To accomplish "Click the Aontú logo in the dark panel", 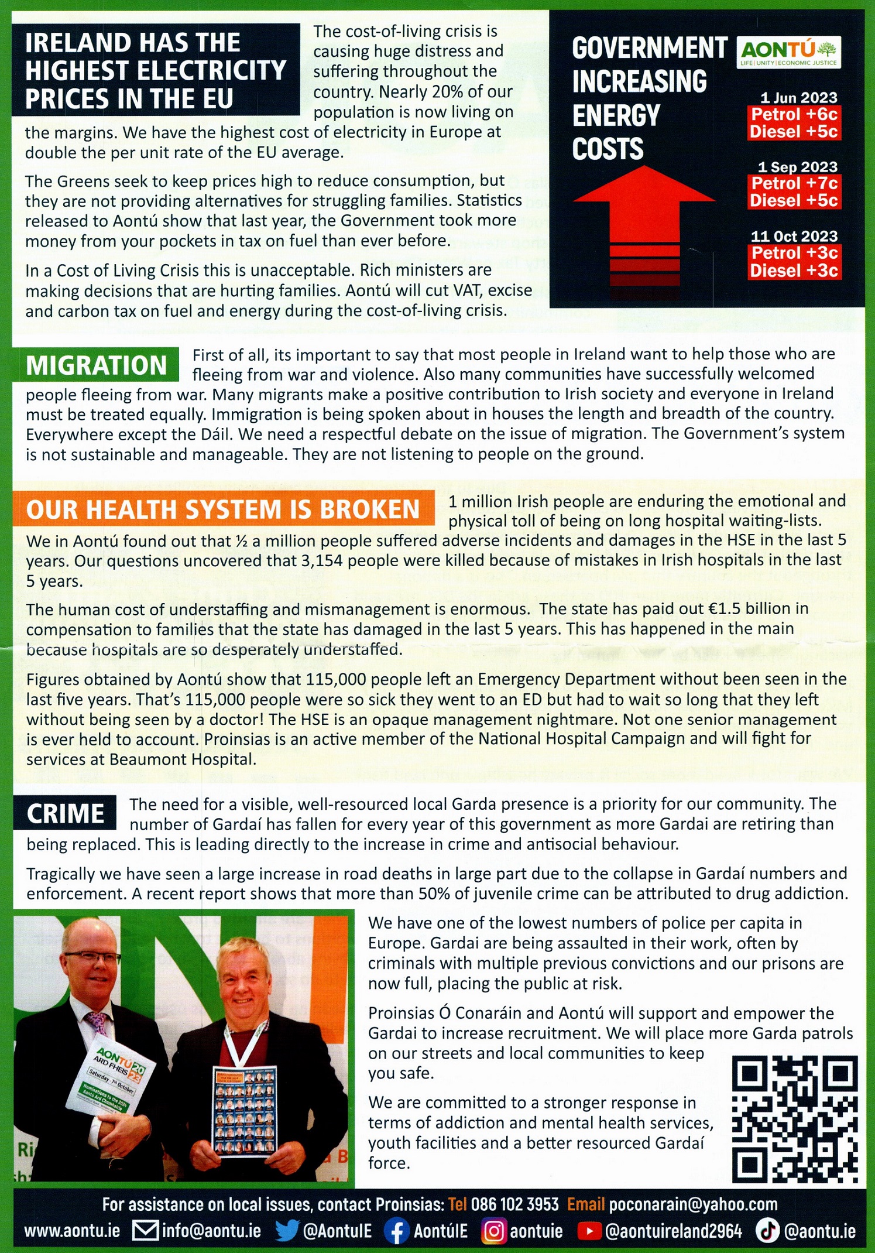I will tap(788, 52).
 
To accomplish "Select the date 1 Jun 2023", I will tap(798, 98).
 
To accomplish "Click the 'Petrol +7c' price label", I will tap(794, 183).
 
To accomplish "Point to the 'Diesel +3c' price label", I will tap(794, 271).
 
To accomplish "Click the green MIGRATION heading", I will tap(97, 365).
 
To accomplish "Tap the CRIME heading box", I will tap(66, 814).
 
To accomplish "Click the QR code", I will tap(794, 1119).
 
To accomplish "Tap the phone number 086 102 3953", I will tap(514, 1204).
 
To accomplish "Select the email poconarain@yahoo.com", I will tap(693, 1204).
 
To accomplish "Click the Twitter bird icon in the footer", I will tap(287, 1231).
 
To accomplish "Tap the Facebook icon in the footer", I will tap(396, 1231).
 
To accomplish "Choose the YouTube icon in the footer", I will tap(589, 1231).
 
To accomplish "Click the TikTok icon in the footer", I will tap(767, 1231).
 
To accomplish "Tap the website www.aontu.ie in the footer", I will tap(72, 1231).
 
